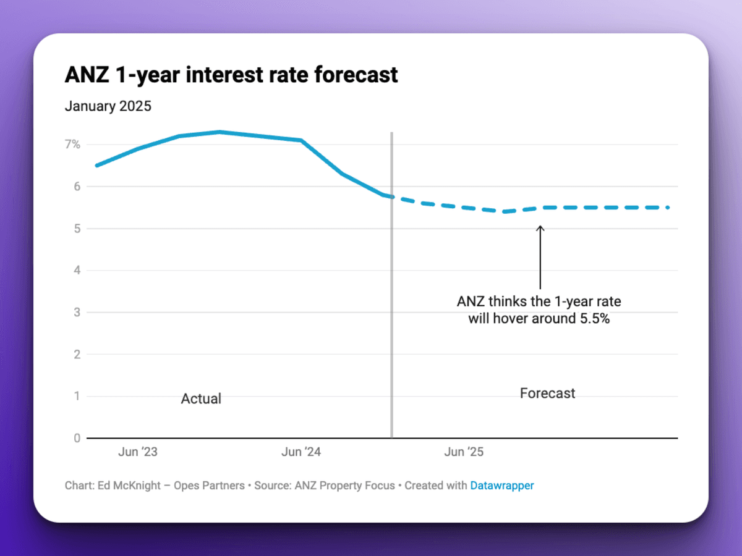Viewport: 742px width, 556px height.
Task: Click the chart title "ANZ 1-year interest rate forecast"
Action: click(231, 75)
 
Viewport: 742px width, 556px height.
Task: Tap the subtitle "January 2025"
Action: click(108, 106)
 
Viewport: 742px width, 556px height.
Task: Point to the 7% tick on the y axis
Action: click(72, 145)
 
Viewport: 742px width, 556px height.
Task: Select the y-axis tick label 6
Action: click(77, 187)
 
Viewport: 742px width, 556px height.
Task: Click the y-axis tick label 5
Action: click(77, 229)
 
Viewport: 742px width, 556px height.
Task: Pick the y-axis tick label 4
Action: click(77, 271)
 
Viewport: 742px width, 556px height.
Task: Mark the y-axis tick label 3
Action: click(77, 313)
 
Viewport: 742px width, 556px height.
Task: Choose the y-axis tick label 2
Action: click(77, 355)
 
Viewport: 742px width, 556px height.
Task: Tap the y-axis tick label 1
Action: click(77, 396)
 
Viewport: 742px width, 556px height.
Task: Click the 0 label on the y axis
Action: click(77, 438)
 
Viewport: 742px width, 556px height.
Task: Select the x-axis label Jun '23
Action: click(137, 452)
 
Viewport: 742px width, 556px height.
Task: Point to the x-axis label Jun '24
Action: click(301, 452)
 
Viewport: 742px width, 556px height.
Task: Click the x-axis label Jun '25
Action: click(464, 452)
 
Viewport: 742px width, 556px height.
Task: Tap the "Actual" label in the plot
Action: click(201, 399)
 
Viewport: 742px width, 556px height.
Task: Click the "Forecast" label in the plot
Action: click(547, 394)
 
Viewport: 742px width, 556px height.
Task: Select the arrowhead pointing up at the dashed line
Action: click(540, 229)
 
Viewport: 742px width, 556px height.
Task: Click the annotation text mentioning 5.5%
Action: click(539, 311)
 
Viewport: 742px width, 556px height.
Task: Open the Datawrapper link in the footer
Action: click(501, 486)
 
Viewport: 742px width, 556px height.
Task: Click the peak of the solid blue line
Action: click(220, 132)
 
